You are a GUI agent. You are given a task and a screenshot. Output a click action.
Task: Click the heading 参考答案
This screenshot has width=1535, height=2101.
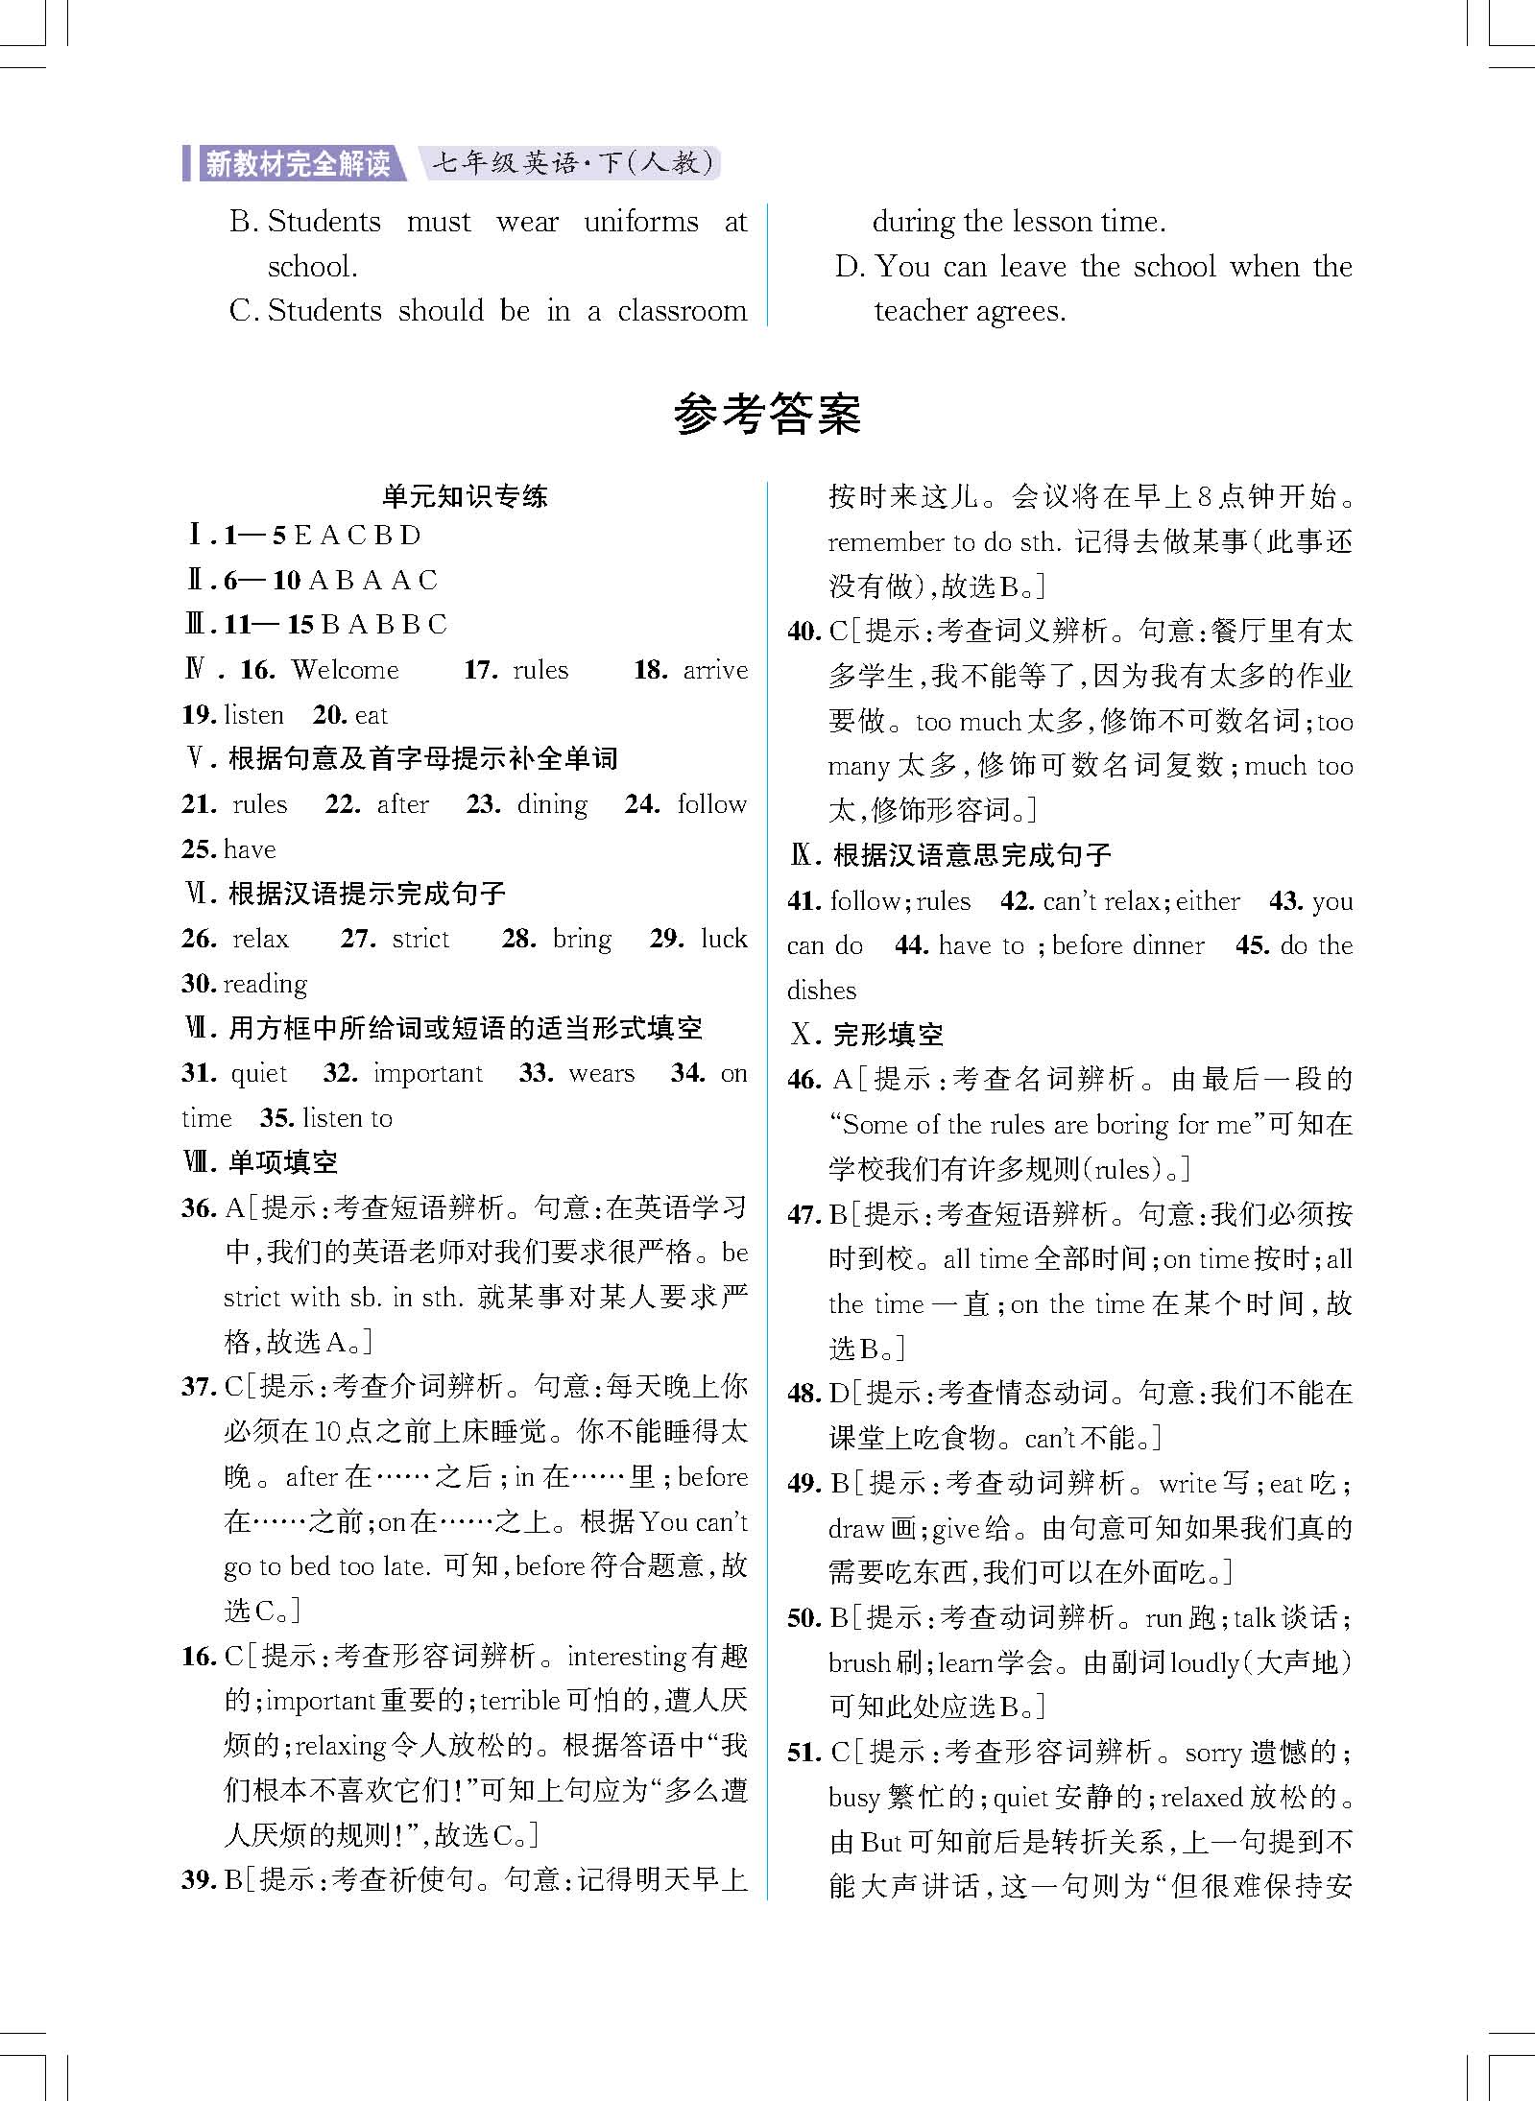point(767,415)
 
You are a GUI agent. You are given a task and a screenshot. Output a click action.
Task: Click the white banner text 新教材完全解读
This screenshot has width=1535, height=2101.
point(298,163)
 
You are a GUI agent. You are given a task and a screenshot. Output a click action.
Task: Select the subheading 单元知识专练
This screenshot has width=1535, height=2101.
point(465,496)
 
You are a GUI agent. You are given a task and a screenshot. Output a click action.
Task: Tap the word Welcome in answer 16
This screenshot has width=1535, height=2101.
point(345,669)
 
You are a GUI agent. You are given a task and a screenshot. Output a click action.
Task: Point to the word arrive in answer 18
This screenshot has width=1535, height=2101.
point(715,669)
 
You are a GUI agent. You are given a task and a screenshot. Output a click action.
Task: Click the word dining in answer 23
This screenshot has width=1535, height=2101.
point(552,804)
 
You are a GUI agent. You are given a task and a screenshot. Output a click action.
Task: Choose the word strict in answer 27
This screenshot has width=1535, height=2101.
point(420,939)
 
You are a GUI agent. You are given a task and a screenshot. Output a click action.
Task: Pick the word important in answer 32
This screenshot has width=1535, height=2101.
point(428,1073)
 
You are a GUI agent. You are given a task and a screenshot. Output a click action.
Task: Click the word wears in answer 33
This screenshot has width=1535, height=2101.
point(601,1073)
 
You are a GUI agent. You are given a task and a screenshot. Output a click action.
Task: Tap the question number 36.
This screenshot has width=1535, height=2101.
point(200,1208)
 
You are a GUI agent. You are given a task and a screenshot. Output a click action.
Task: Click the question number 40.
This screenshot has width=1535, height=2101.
point(803,632)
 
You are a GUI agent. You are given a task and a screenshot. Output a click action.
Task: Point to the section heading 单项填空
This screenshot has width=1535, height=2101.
point(283,1163)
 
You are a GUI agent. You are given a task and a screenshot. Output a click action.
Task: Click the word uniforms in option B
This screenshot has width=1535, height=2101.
point(641,222)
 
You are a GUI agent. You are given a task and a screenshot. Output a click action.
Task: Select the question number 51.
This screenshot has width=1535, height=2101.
point(803,1753)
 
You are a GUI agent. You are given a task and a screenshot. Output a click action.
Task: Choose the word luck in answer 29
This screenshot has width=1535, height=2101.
point(724,939)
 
